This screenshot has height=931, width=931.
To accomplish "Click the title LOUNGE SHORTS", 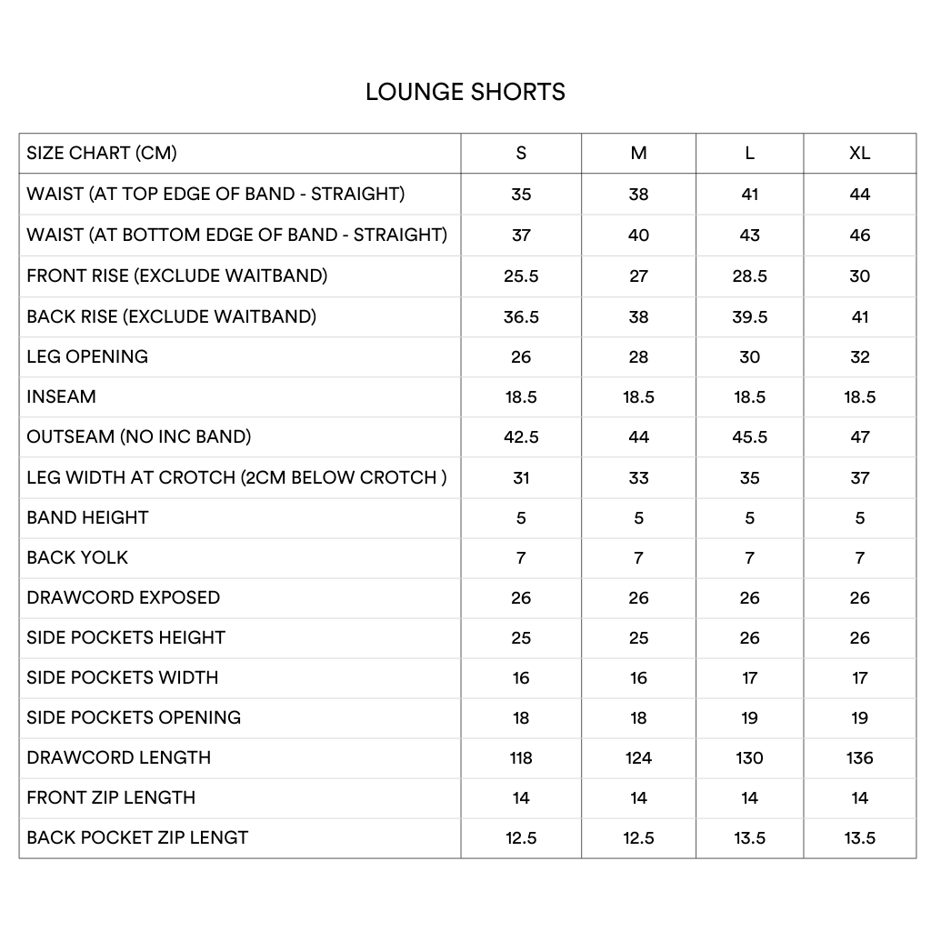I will tap(465, 92).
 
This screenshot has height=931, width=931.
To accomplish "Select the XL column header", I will tap(859, 153).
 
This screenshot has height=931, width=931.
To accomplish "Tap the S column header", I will tap(521, 153).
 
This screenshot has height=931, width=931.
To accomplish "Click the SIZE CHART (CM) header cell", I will tap(102, 153).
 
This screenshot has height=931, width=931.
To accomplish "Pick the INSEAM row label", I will tap(61, 396).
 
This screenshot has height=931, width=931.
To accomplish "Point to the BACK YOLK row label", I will tap(77, 557).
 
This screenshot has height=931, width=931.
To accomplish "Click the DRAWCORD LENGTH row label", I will tap(118, 757).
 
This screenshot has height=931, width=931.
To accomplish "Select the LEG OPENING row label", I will tap(87, 356).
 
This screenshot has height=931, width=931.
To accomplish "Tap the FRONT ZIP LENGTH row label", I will tap(111, 797).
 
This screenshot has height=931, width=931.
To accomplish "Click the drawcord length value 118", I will tap(521, 758).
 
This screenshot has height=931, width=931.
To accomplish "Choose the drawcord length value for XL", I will tap(859, 758).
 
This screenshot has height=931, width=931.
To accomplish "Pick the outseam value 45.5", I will tap(749, 437).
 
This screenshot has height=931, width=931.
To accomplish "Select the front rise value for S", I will tap(521, 276).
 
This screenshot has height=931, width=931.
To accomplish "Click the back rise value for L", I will tap(749, 317).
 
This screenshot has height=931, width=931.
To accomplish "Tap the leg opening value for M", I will tap(638, 357).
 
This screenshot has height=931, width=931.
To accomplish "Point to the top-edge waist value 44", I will tap(859, 195).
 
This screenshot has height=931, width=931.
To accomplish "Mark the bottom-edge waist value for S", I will tap(521, 235).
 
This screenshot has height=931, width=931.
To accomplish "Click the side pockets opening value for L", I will tap(749, 718).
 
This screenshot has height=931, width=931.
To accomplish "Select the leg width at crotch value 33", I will tap(638, 478).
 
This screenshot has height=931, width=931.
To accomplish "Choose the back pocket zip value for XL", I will tap(859, 838).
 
